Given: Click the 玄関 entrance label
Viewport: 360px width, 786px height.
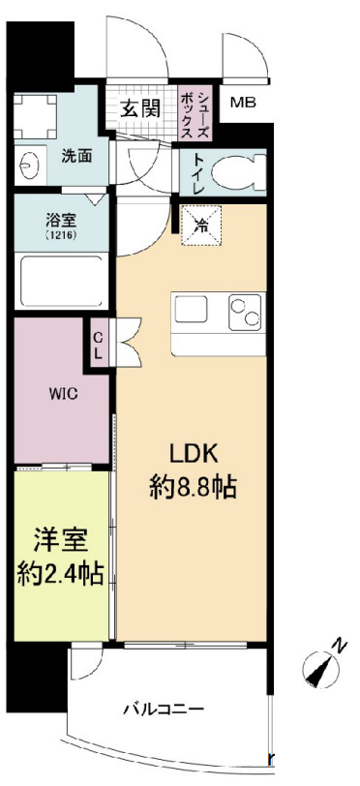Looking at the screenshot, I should click(x=139, y=108).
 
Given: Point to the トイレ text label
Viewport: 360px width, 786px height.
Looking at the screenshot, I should click(x=196, y=174).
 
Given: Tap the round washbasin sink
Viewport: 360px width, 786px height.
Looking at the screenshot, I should click(x=26, y=166).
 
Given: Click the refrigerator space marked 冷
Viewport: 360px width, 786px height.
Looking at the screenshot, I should click(x=202, y=227).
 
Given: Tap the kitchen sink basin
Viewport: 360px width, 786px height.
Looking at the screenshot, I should click(x=191, y=311).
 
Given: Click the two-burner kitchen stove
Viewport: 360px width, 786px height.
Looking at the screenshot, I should click(x=244, y=313).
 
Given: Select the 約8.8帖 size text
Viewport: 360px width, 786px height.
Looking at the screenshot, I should click(x=193, y=488).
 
